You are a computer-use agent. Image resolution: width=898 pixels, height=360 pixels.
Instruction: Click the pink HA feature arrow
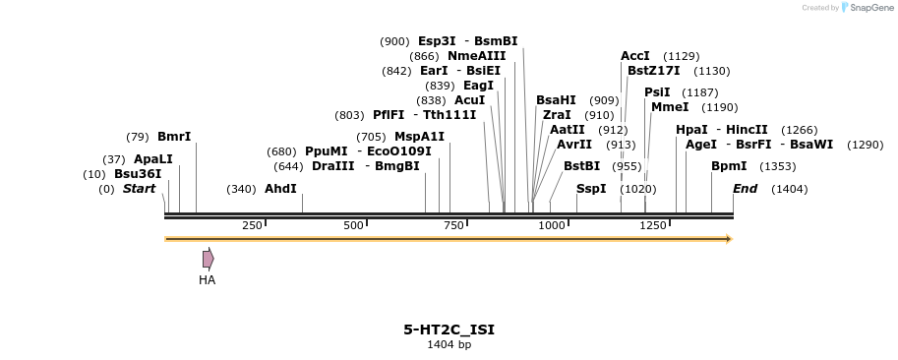[x=208, y=259]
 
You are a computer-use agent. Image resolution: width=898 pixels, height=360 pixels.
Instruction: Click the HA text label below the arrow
[x=207, y=280]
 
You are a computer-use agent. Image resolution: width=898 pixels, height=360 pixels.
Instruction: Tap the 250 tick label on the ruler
[x=252, y=225]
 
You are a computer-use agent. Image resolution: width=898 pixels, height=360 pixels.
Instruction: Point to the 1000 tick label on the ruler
[x=552, y=225]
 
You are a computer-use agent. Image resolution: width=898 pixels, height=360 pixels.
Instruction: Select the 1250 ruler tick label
[x=653, y=225]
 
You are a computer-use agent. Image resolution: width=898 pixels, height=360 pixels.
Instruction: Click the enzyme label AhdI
[x=280, y=189]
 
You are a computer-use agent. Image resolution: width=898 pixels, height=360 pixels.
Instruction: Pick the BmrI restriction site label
[x=174, y=137]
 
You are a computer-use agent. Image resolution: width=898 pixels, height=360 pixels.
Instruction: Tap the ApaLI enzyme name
[x=152, y=159]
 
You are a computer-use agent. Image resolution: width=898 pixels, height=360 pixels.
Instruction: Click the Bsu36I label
[x=138, y=174]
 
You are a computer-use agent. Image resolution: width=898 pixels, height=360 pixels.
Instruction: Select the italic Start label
[x=139, y=189]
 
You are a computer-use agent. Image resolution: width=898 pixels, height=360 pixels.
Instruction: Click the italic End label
[x=745, y=189]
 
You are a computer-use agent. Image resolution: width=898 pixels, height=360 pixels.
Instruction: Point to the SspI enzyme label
[x=591, y=189]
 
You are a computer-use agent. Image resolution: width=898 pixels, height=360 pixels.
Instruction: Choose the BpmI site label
[x=729, y=166]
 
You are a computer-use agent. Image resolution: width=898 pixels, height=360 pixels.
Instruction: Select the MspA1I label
[x=419, y=137]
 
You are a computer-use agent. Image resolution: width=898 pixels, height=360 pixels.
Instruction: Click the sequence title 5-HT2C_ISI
[x=449, y=330]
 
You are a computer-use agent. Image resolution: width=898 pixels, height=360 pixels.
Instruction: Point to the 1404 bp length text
[x=449, y=345]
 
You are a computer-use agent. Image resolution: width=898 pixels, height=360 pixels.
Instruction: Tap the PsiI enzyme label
[x=657, y=92]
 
